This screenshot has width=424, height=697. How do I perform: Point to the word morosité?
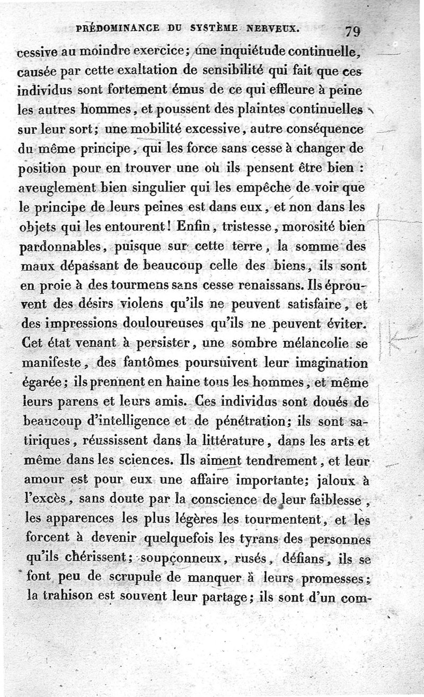[313, 228]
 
